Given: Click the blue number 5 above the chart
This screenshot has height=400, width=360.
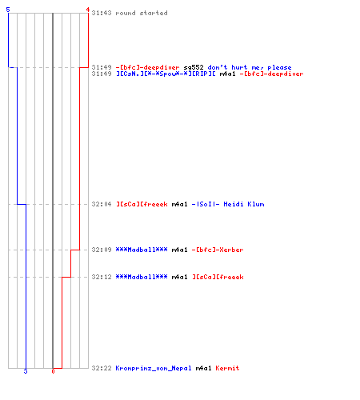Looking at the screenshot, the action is click(8, 10).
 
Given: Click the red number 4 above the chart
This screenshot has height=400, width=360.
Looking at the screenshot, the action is click(87, 10).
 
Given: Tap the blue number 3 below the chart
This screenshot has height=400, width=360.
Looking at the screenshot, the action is click(26, 371).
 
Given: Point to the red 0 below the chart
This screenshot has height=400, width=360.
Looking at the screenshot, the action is click(53, 371).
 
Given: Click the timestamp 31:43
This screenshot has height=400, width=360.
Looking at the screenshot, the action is click(102, 13).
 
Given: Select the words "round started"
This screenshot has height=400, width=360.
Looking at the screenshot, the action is click(142, 13).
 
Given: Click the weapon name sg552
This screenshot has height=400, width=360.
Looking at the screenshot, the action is click(194, 67).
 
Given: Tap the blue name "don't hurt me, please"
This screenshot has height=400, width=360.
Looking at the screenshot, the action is click(250, 67).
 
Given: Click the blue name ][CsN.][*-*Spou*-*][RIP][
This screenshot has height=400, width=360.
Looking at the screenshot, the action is click(166, 74).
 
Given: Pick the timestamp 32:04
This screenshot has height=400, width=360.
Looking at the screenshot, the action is click(102, 204).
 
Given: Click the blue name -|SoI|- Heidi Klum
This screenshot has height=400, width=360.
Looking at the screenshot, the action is click(228, 204).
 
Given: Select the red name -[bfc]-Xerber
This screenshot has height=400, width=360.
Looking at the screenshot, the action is click(218, 250).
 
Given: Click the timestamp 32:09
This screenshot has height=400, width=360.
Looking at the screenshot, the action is click(102, 250).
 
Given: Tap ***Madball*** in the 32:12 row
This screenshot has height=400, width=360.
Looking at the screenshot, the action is click(142, 277).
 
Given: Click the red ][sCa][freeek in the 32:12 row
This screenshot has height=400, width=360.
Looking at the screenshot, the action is click(218, 277).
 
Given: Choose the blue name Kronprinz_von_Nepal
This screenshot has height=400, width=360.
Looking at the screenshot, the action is click(154, 368).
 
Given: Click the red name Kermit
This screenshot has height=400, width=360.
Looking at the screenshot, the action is click(227, 368).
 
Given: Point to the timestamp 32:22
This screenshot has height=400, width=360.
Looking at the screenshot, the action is click(102, 368).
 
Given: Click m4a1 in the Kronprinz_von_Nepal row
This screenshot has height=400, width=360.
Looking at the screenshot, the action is click(203, 368).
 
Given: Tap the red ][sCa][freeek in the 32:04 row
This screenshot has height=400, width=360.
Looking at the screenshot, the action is click(142, 204).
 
